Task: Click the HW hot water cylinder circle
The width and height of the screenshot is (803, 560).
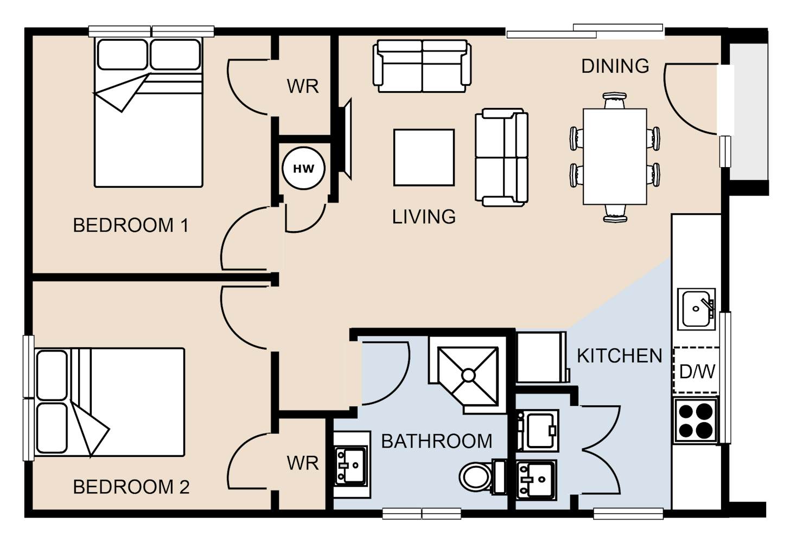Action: (x=303, y=168)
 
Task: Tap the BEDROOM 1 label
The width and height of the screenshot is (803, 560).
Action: (x=131, y=226)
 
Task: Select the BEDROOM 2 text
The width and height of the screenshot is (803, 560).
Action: (x=131, y=487)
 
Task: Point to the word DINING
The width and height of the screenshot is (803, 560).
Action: (x=615, y=66)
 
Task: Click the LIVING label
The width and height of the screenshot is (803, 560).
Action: (x=424, y=217)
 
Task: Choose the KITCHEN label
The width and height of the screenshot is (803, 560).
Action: (x=620, y=356)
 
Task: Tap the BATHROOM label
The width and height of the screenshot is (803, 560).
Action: (x=437, y=441)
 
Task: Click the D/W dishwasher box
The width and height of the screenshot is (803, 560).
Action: (x=697, y=370)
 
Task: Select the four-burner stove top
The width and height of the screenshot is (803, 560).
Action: (x=696, y=420)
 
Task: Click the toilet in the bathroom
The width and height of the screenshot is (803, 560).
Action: (x=482, y=477)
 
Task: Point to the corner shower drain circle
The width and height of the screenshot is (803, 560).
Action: (x=468, y=375)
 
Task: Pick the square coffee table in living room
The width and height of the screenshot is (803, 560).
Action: (x=424, y=158)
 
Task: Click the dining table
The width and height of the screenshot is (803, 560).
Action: (x=615, y=157)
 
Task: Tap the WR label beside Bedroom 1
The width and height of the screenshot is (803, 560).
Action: (x=303, y=86)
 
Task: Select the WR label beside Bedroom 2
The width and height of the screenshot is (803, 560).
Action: (x=303, y=463)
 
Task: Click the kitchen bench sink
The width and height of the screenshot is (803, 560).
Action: (x=696, y=309)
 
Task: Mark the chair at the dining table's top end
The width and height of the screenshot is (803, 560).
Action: (x=614, y=101)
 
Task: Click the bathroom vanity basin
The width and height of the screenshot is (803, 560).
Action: (x=352, y=466)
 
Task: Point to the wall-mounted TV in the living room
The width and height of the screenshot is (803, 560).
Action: (x=345, y=139)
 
